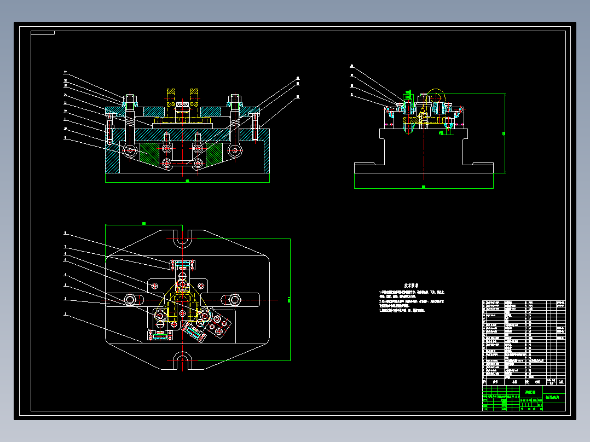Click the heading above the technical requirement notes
tap(412, 286)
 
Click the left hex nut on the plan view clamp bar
tap(131, 299)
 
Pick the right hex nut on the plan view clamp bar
tap(234, 299)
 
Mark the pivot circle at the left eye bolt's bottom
tap(130, 150)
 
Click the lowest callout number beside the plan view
tap(65, 315)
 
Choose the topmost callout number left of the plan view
tap(65, 232)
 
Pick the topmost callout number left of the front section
tap(65, 72)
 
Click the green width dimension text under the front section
tap(187, 181)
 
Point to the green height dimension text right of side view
tap(504, 133)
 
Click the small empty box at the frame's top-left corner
tap(43, 33)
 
